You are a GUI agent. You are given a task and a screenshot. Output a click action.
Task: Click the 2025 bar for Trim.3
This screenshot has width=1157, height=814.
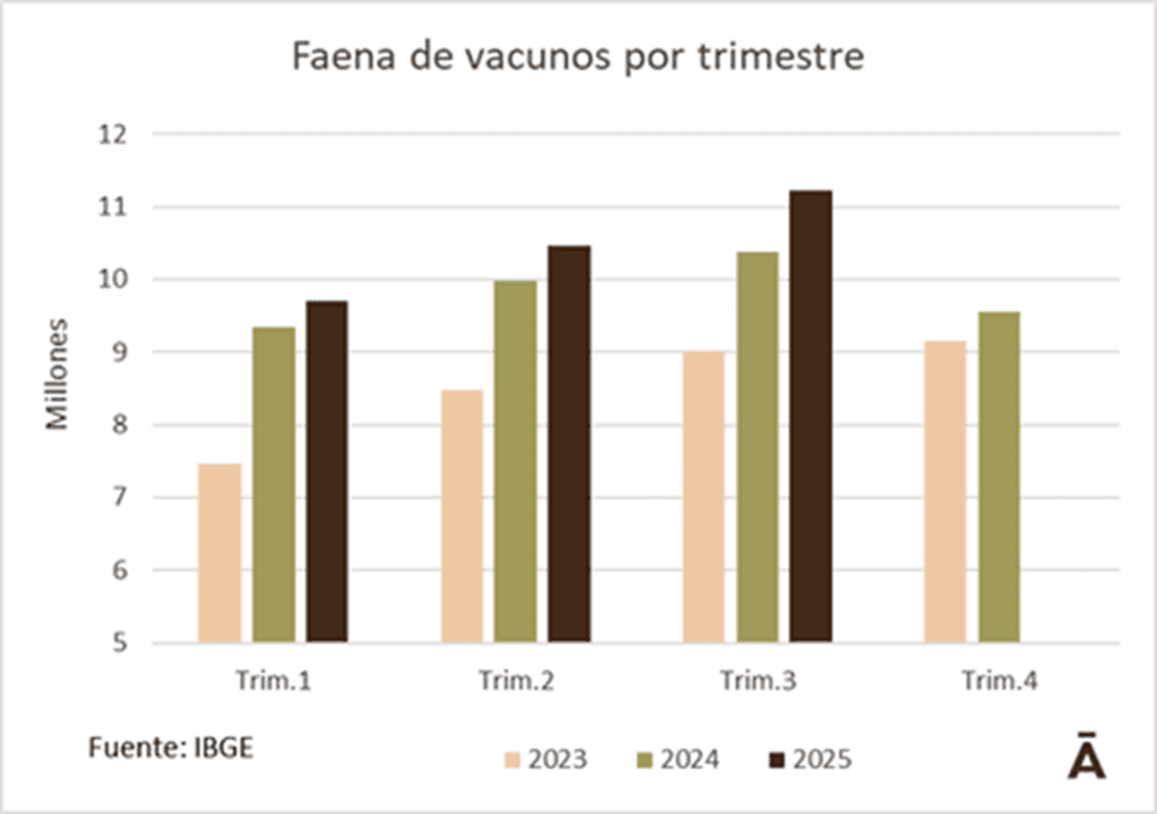[x=811, y=416]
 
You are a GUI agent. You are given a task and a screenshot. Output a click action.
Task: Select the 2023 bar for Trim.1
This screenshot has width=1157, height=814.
[x=220, y=553]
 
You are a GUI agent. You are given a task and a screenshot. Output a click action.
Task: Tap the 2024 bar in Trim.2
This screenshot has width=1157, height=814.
[x=516, y=461]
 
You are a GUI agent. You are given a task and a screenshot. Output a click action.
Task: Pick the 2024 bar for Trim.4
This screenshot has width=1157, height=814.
[x=999, y=477]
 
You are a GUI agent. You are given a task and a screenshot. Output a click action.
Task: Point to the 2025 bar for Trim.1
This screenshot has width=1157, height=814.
[x=328, y=471]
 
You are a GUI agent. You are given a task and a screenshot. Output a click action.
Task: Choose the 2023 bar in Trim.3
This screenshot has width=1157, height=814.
[x=703, y=497]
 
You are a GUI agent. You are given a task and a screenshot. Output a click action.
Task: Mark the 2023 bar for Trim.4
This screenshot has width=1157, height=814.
[x=946, y=491]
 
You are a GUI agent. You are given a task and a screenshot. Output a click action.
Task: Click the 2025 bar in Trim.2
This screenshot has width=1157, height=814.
[x=570, y=444]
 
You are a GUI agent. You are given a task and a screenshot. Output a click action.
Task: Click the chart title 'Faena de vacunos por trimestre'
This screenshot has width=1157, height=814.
[x=578, y=58]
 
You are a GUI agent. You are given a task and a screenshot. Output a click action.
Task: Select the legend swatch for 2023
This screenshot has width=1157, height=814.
[x=511, y=760]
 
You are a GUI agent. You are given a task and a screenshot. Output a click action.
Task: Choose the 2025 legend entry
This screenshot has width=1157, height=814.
[x=809, y=760]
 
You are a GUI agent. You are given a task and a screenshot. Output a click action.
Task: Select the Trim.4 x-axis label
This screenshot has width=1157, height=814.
[x=999, y=681]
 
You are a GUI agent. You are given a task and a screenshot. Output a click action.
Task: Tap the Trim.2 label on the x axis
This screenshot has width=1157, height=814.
[x=516, y=681]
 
